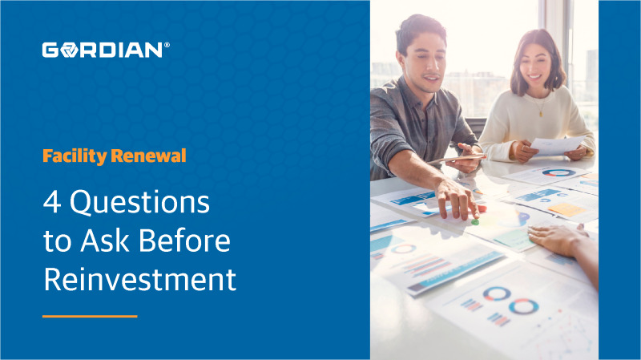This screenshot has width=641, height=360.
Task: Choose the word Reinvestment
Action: pos(139,280)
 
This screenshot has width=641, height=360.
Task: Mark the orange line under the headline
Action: pos(90,316)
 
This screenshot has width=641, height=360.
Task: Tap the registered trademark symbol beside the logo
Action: pos(167,47)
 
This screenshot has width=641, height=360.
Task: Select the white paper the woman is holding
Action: pos(557,145)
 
